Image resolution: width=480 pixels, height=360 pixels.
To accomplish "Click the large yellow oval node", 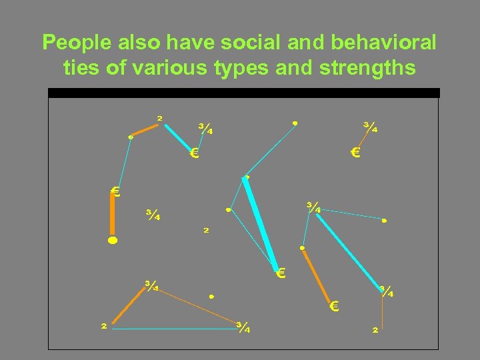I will point(113,239).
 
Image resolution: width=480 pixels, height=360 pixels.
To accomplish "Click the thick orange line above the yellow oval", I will point(113,215).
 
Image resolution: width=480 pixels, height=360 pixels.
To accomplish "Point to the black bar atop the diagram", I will point(244,93).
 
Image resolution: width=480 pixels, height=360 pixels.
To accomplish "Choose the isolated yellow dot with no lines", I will point(211,295).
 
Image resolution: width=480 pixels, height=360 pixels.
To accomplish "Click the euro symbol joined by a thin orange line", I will point(355,153).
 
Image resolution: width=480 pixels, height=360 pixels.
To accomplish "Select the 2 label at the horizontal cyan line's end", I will point(103,326).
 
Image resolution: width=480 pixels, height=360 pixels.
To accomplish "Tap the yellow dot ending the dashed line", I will point(384,220).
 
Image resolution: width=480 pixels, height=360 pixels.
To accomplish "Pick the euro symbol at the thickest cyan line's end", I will point(281,273).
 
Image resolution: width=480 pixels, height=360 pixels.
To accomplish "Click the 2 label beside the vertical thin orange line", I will point(375,329).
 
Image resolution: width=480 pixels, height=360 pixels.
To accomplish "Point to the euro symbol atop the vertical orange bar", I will point(115,193).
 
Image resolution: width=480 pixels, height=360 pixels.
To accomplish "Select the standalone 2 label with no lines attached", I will point(206,231).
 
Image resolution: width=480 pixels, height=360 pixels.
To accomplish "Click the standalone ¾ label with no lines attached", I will point(153,215).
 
